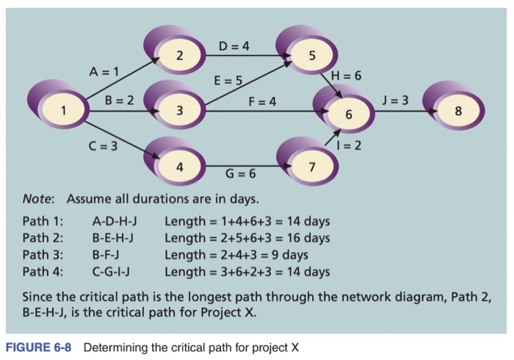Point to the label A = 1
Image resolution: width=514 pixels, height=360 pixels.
(104, 71)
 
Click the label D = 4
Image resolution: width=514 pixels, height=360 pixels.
(234, 46)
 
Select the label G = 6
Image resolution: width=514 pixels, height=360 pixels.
(241, 173)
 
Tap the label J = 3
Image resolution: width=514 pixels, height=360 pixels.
(395, 100)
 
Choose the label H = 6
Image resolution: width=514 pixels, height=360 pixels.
(346, 76)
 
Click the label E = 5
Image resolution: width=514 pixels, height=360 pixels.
(228, 80)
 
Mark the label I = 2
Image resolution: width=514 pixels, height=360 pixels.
(349, 145)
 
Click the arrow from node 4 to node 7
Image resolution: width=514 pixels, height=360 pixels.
(248, 166)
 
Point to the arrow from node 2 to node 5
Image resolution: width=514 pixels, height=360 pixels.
(248, 55)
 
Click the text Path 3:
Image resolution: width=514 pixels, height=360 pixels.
(43, 255)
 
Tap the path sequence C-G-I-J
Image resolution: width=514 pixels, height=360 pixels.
(111, 272)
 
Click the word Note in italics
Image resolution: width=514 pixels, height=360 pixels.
(37, 199)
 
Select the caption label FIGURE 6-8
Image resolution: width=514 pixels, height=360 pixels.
(38, 348)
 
